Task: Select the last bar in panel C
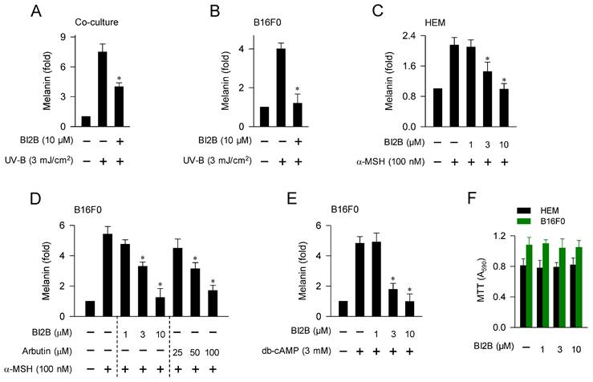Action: click(x=503, y=108)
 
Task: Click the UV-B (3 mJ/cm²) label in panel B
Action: click(x=213, y=161)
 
